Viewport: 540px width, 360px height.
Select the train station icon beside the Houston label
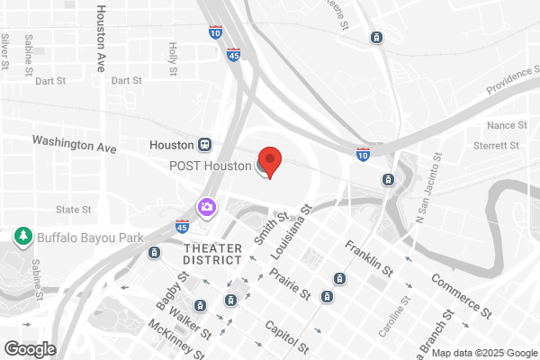coord(206,145)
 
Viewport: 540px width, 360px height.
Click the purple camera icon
coord(207,208)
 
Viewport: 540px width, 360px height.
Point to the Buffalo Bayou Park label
coord(80,238)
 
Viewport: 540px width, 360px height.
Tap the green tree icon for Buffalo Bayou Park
coord(22,237)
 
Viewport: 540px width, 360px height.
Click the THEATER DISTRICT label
coord(212,253)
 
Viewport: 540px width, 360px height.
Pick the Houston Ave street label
coord(101,38)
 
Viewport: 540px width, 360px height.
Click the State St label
coord(74,210)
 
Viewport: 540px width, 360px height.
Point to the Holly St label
coord(173,58)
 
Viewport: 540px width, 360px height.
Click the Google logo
coord(30,348)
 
